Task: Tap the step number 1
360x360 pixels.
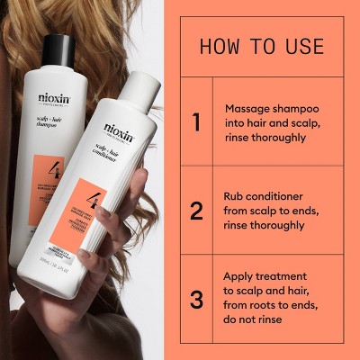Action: [196, 122]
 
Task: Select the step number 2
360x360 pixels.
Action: [196, 211]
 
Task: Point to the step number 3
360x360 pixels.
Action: [196, 299]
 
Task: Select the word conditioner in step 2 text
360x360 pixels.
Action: [280, 195]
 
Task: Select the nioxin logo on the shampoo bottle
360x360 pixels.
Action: [55, 98]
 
